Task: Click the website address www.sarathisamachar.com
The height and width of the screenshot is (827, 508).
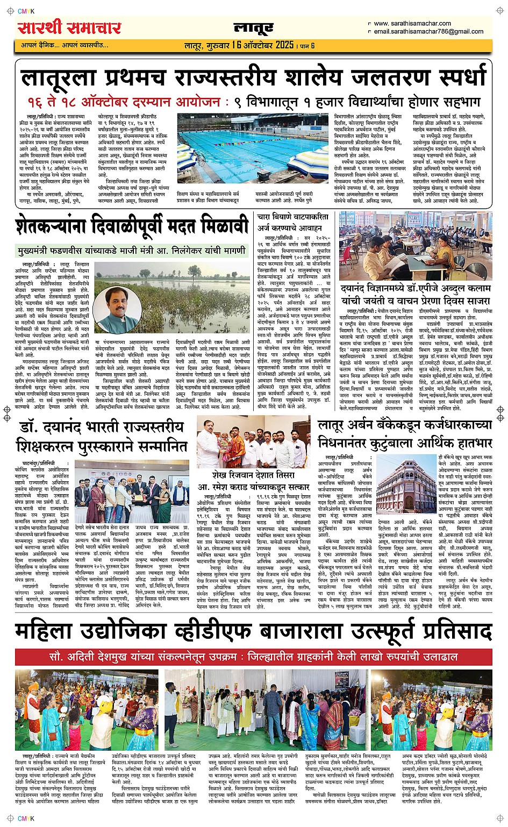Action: [412, 23]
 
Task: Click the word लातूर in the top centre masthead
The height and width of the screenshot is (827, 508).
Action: [254, 28]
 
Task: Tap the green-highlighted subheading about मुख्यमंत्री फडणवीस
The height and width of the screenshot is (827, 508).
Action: [131, 250]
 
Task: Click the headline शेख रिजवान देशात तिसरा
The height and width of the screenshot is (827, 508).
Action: [253, 476]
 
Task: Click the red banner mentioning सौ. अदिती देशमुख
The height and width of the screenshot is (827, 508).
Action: [253, 657]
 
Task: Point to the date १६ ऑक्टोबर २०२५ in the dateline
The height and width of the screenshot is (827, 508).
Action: [263, 45]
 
